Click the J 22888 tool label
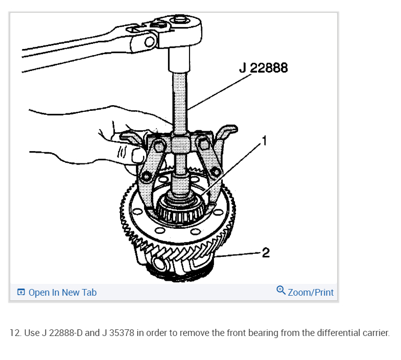(x=264, y=68)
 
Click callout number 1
(x=265, y=141)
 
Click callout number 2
(x=266, y=253)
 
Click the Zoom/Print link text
(x=311, y=292)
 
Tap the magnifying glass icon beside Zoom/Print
(x=281, y=290)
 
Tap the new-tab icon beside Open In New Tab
(x=21, y=292)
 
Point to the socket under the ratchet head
(x=179, y=59)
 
